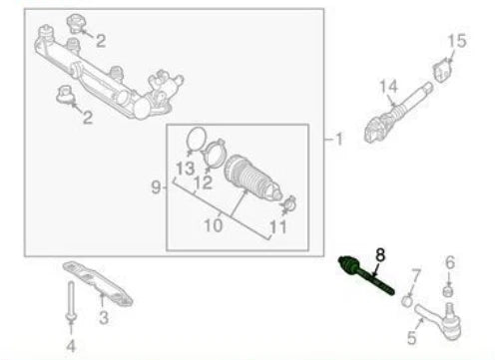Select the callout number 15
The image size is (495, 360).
click(x=456, y=41)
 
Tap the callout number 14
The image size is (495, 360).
click(x=387, y=87)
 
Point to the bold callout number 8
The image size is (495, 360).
click(x=378, y=254)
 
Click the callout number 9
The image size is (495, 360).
click(x=155, y=186)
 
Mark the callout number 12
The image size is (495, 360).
click(x=204, y=182)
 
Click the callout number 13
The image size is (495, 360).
click(x=186, y=166)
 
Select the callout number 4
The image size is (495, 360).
click(x=70, y=346)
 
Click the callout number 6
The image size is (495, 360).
click(x=450, y=262)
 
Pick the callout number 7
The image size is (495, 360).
click(x=417, y=273)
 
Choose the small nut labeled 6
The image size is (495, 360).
click(x=449, y=290)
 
